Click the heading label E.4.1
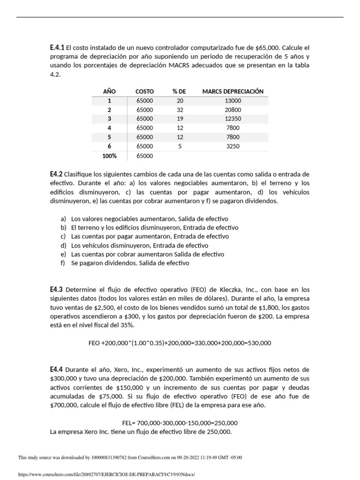(x=57, y=47)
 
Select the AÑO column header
(x=109, y=91)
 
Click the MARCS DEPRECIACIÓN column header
(x=232, y=91)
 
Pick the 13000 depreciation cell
(x=232, y=101)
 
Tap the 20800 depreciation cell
(x=232, y=110)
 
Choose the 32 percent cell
(x=180, y=110)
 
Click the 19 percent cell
(x=180, y=119)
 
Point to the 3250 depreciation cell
(x=232, y=146)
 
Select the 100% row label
(x=109, y=156)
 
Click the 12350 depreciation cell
(x=232, y=119)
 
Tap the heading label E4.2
(x=56, y=174)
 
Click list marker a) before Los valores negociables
(x=63, y=219)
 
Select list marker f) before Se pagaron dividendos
(x=63, y=263)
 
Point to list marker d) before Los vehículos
(x=63, y=246)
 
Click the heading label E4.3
(x=56, y=290)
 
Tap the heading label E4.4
(x=56, y=370)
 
